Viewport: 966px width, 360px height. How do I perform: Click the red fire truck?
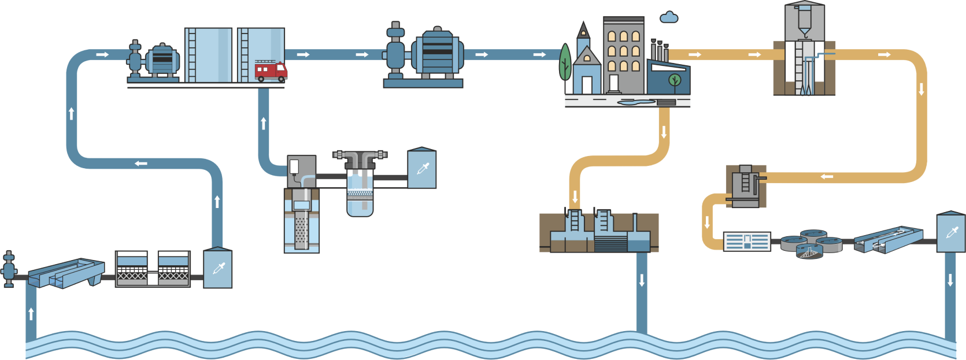(271, 70)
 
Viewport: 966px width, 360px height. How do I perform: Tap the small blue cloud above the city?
(669, 18)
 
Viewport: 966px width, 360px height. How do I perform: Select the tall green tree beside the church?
(565, 62)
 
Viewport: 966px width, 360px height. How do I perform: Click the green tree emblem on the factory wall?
(674, 80)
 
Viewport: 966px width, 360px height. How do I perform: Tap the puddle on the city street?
(636, 102)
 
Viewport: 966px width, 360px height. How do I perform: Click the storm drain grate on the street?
(667, 103)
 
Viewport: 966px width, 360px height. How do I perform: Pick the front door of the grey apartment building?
(613, 84)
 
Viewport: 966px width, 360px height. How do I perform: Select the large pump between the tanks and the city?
(437, 53)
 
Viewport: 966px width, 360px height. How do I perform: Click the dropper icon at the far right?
(951, 233)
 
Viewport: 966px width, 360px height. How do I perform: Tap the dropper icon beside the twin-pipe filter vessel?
(422, 170)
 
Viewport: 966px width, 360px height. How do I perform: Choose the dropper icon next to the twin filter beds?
(218, 269)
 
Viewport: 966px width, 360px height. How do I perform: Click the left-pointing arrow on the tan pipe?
(827, 176)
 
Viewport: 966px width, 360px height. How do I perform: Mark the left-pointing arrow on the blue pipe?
(140, 164)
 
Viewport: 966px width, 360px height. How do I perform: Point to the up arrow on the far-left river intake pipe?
(31, 314)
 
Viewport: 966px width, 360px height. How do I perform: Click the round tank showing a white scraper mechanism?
(809, 251)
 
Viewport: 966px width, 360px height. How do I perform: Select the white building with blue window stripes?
(747, 242)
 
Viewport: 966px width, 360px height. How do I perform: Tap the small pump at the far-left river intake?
(9, 269)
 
